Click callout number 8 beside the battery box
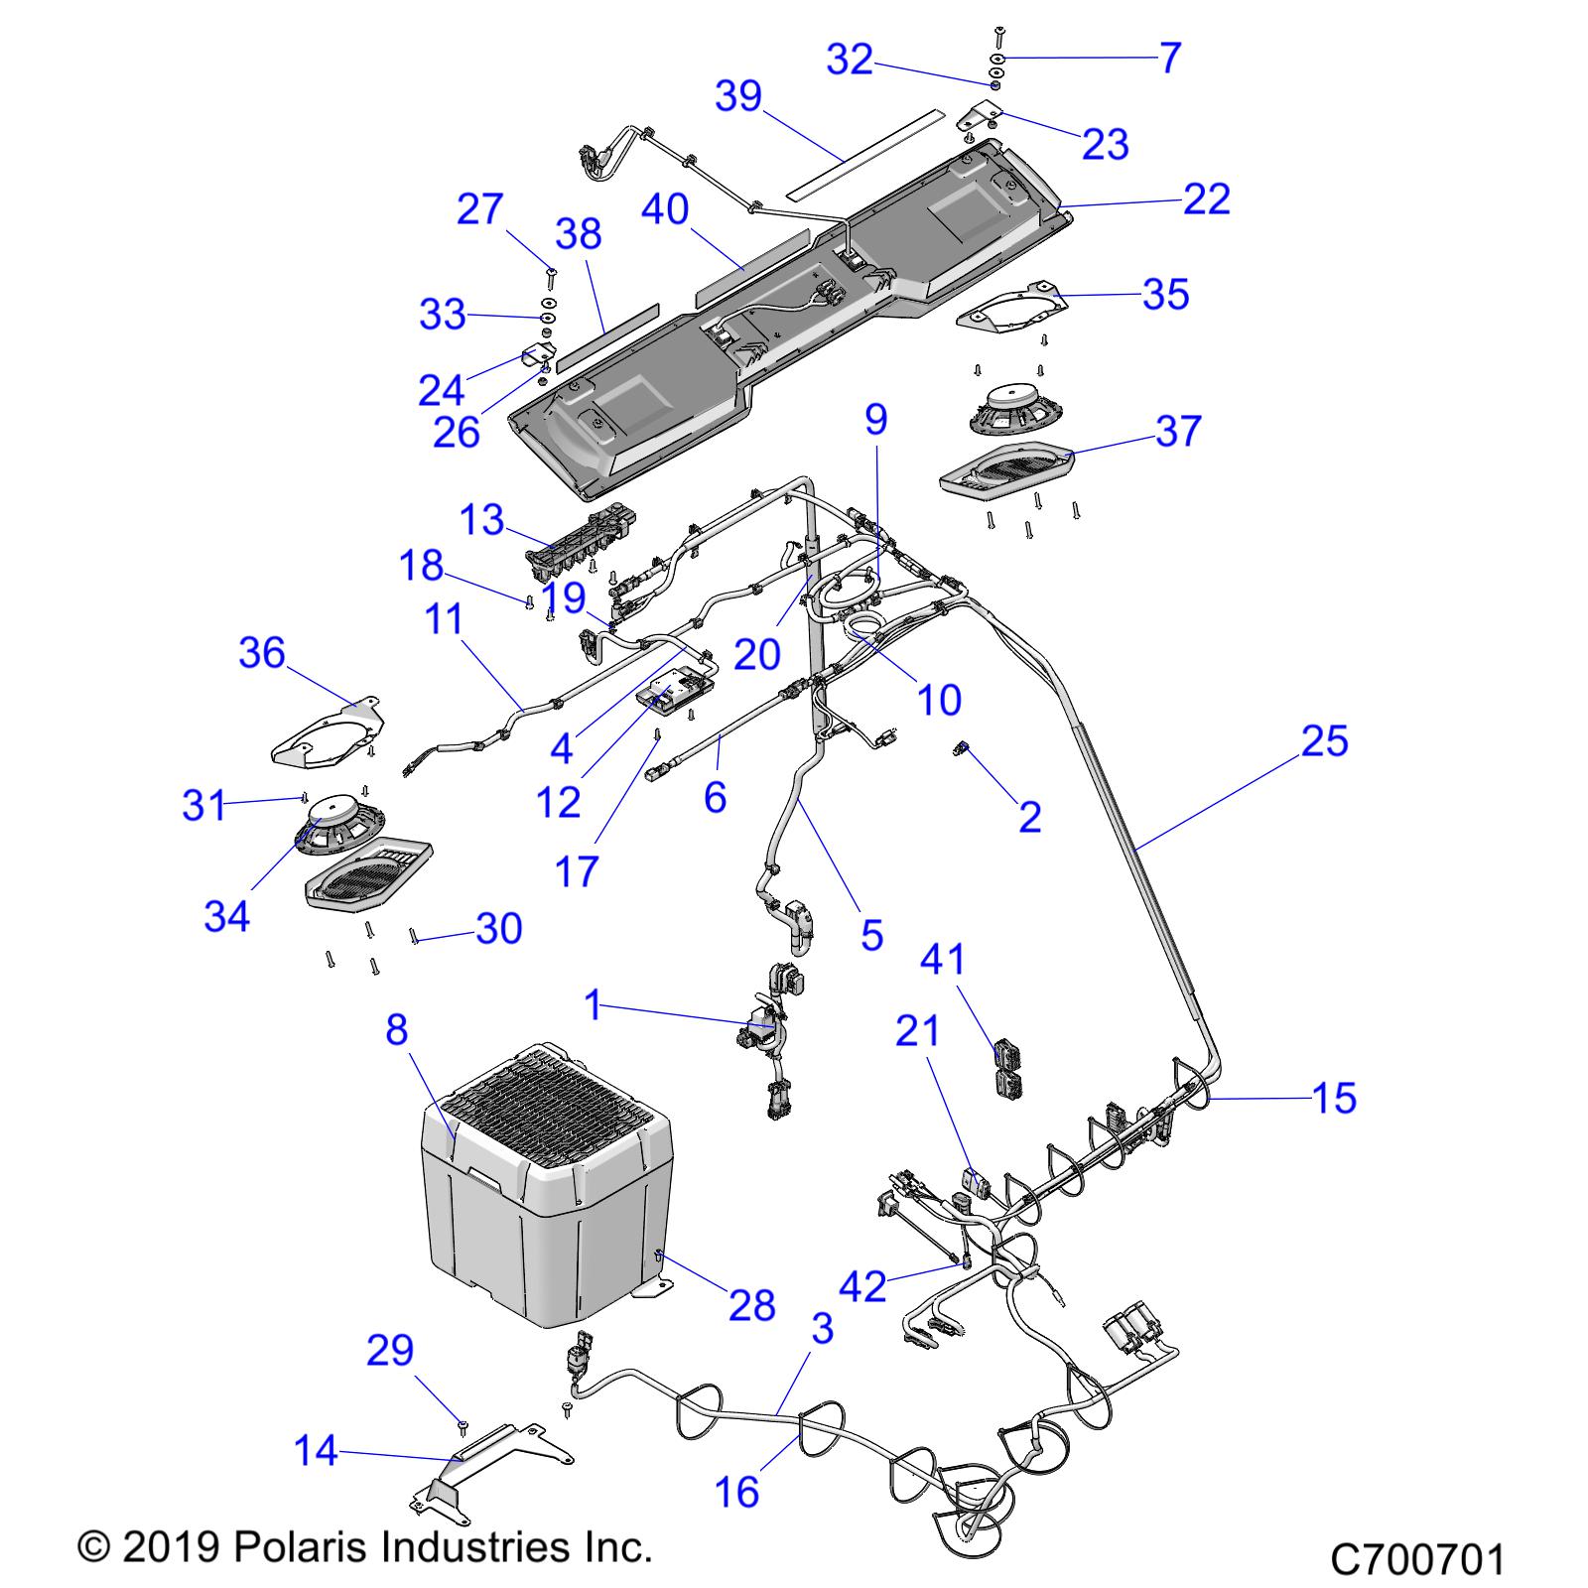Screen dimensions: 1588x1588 [396, 1030]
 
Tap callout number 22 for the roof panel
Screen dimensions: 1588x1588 [1206, 199]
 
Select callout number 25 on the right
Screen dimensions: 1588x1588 [1324, 740]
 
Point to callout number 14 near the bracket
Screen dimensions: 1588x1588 [316, 1452]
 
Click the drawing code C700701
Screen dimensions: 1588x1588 [1417, 1559]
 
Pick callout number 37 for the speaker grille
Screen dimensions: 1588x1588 [1178, 432]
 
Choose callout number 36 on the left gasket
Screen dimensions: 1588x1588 [262, 653]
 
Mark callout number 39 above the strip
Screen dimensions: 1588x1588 [738, 96]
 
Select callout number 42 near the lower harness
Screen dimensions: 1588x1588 [862, 1286]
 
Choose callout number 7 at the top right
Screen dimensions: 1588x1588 [1170, 58]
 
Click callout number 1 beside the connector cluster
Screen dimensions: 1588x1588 [594, 1005]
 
